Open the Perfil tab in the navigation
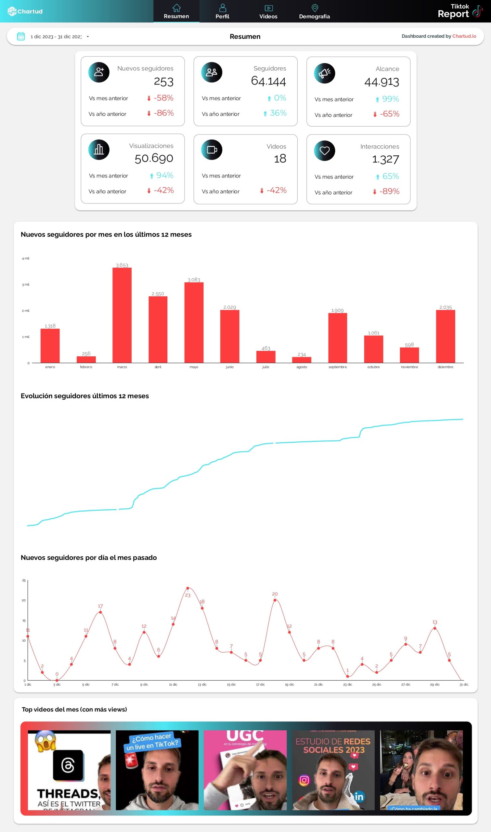pyautogui.click(x=222, y=12)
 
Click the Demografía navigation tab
pyautogui.click(x=314, y=12)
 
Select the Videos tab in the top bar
pyautogui.click(x=268, y=12)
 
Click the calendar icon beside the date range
pyautogui.click(x=21, y=36)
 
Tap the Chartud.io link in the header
pyautogui.click(x=464, y=36)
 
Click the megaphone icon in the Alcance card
pyautogui.click(x=324, y=73)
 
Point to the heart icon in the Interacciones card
pyautogui.click(x=324, y=150)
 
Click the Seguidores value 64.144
pyautogui.click(x=268, y=81)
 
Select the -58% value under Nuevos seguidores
pyautogui.click(x=163, y=98)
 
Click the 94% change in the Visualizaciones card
pyautogui.click(x=164, y=175)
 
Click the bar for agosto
pyautogui.click(x=302, y=360)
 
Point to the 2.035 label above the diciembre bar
pyautogui.click(x=445, y=307)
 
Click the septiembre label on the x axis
pyautogui.click(x=338, y=367)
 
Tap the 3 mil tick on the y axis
pyautogui.click(x=25, y=284)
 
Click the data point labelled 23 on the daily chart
pyautogui.click(x=187, y=588)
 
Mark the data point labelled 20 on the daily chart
pyautogui.click(x=275, y=600)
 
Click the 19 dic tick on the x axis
pyautogui.click(x=290, y=684)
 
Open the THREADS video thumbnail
pyautogui.click(x=69, y=770)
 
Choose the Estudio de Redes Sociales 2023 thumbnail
pyautogui.click(x=333, y=770)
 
